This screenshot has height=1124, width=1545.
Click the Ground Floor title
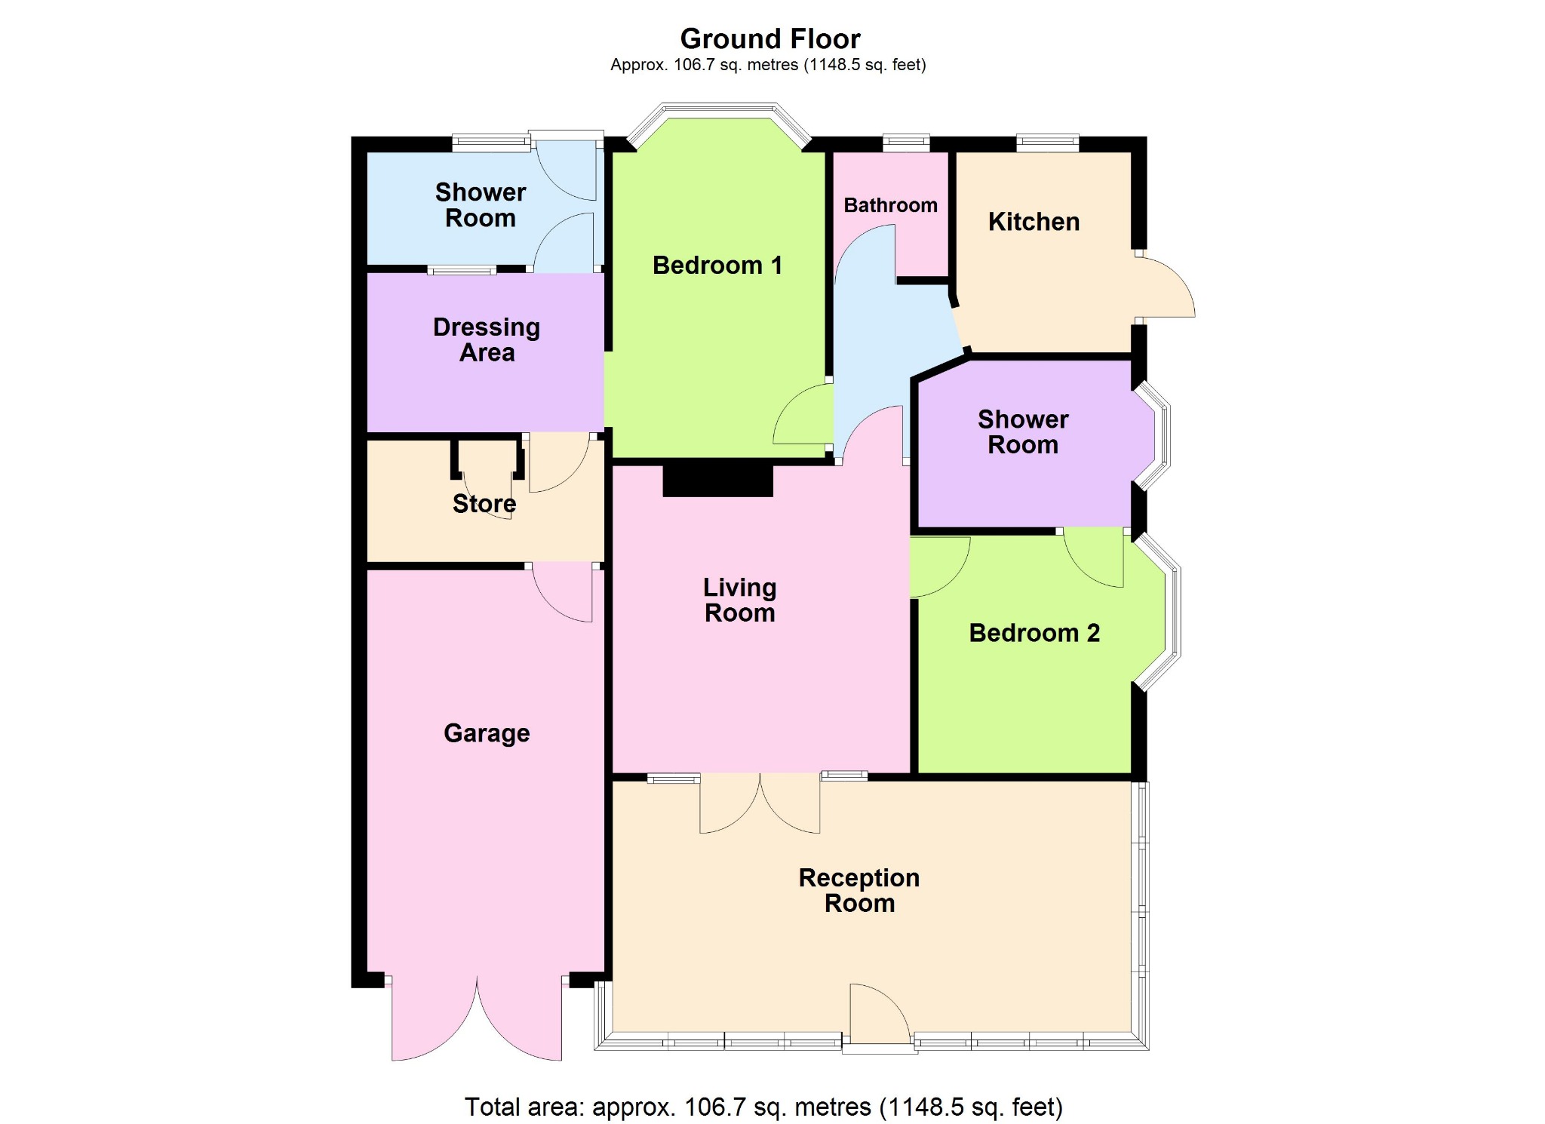coord(770,38)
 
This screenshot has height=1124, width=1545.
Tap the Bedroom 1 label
coord(717,266)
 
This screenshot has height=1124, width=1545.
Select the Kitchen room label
coord(1034,222)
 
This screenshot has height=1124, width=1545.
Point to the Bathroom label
coord(890,205)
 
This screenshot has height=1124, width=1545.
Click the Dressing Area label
coord(487,339)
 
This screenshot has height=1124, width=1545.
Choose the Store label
coord(484,503)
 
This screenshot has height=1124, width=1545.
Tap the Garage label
coord(487,732)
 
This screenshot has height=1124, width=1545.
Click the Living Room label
coord(739,600)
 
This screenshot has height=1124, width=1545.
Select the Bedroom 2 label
coord(1034,633)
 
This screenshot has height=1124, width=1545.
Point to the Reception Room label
coord(859,890)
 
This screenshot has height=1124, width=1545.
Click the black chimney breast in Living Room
coord(718,480)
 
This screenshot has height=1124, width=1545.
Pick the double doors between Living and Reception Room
coord(760,803)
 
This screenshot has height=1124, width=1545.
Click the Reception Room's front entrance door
coord(880,1015)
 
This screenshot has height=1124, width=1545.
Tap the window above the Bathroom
coord(906,142)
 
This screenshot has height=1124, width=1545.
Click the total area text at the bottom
coord(763,1107)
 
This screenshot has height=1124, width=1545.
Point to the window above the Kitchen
coord(1048,142)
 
